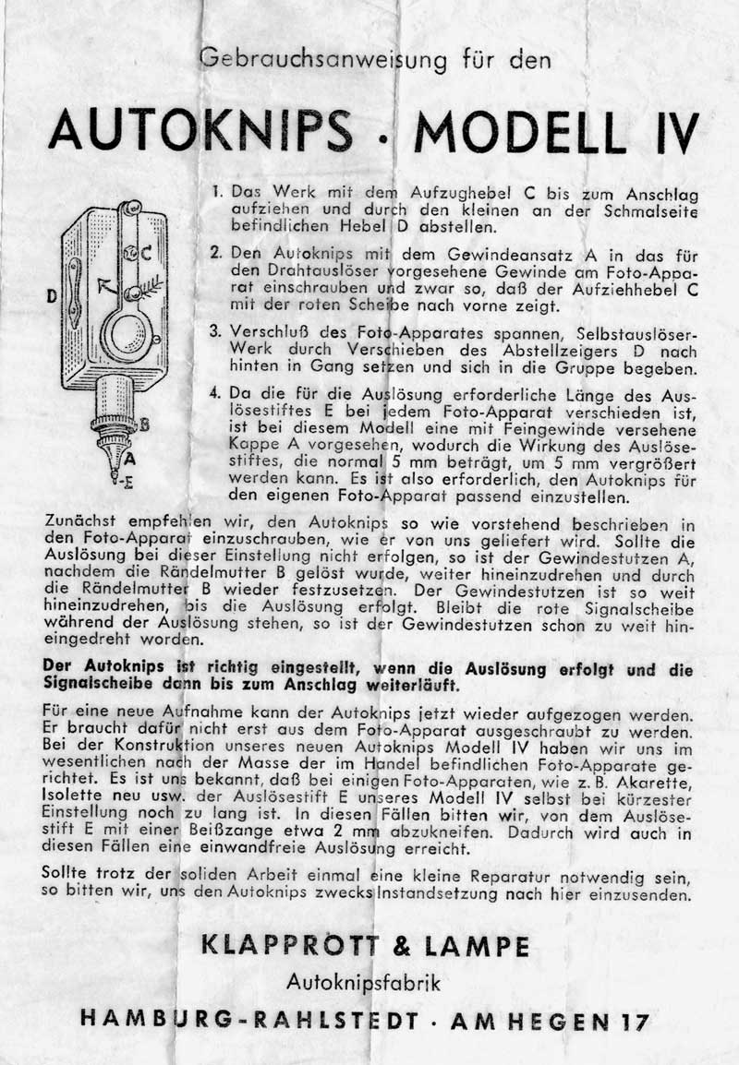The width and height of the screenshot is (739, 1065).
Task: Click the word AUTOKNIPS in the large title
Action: click(x=200, y=132)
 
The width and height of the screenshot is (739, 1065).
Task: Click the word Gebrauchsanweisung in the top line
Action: click(x=323, y=60)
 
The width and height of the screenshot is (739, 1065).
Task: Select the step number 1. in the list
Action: click(x=218, y=194)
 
